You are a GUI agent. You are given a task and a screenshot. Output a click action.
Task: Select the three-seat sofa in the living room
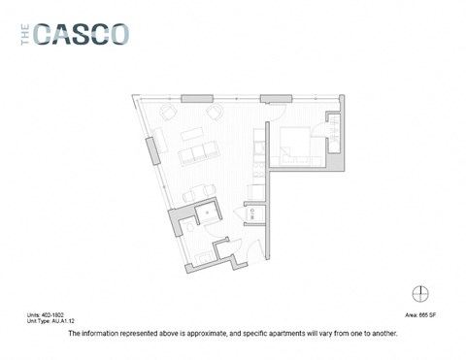198,153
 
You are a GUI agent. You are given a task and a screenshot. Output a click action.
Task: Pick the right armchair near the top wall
215,114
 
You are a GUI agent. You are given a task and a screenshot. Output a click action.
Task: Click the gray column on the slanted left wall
151,151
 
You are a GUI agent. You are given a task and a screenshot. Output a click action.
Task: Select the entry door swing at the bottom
250,247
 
